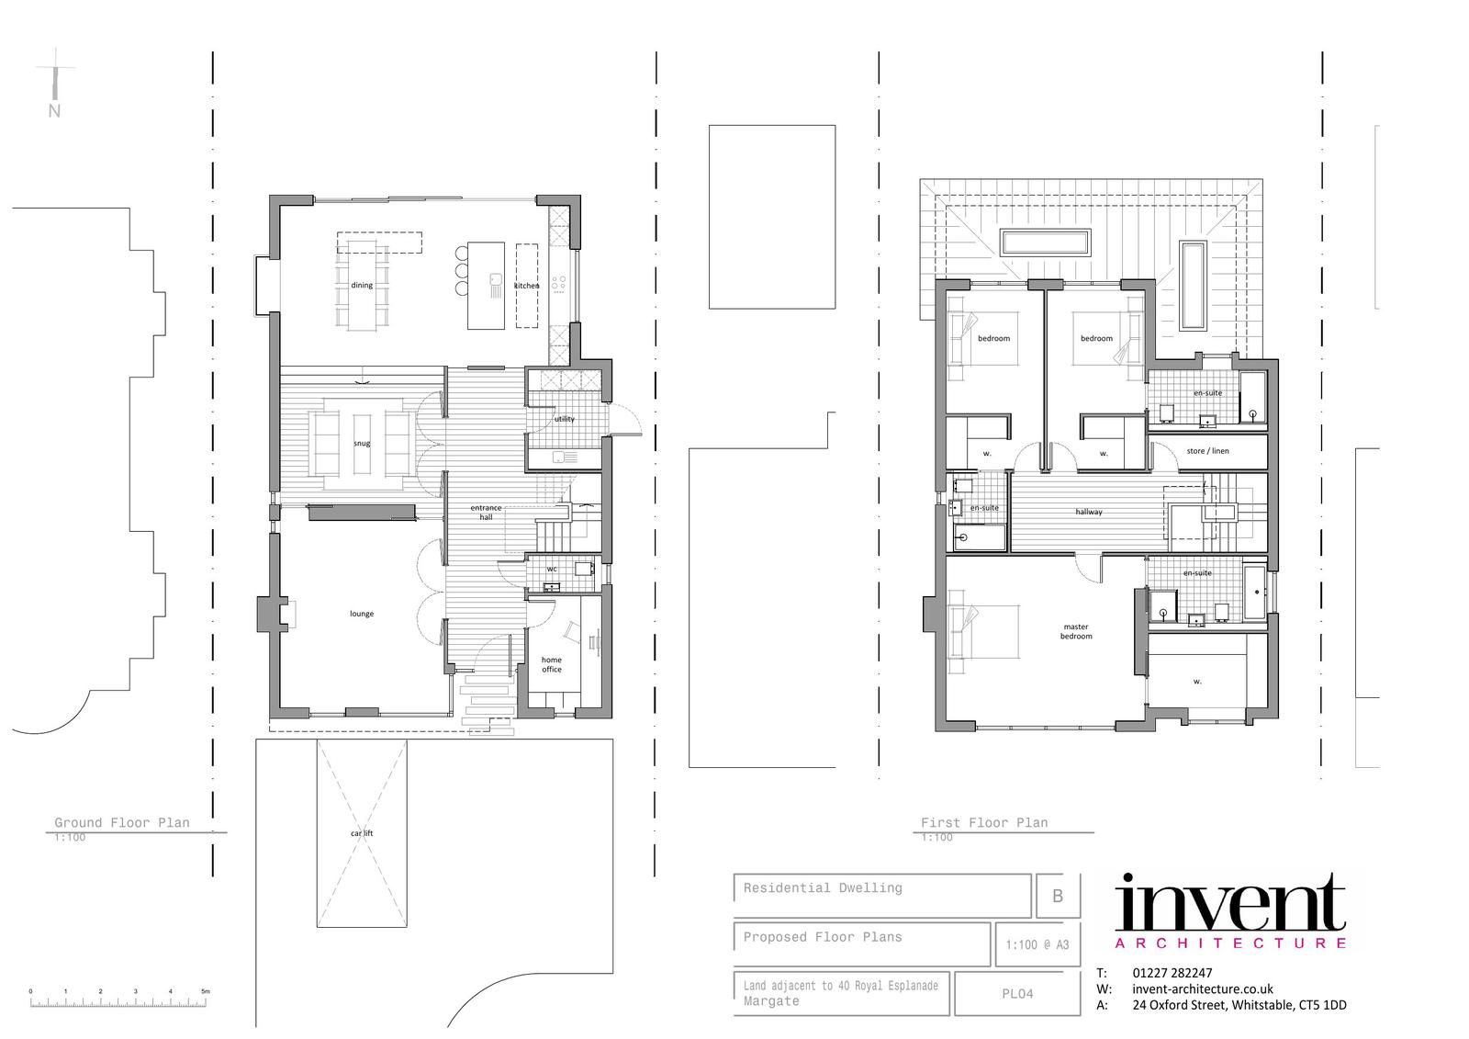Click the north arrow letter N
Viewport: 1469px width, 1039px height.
pyautogui.click(x=54, y=111)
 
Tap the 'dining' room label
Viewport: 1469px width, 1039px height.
pyautogui.click(x=362, y=285)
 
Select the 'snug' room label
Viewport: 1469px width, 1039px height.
pyautogui.click(x=362, y=443)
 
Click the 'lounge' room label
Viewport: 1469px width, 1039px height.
pyautogui.click(x=362, y=614)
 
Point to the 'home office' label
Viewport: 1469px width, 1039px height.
pyautogui.click(x=552, y=664)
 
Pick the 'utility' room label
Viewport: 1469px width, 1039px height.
pyautogui.click(x=564, y=419)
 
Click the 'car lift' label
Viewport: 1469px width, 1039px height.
pyautogui.click(x=362, y=833)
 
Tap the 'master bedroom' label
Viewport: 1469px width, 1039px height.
pyautogui.click(x=1076, y=631)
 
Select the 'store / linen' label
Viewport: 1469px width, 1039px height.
pyautogui.click(x=1207, y=451)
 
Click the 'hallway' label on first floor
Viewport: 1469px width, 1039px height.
pyautogui.click(x=1089, y=512)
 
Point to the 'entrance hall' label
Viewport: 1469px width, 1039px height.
pyautogui.click(x=486, y=512)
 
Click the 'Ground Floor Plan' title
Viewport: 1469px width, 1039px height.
pyautogui.click(x=122, y=822)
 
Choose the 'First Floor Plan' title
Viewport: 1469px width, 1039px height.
pyautogui.click(x=984, y=822)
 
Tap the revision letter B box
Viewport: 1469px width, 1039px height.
pyautogui.click(x=1058, y=896)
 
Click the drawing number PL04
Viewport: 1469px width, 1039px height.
pyautogui.click(x=1017, y=994)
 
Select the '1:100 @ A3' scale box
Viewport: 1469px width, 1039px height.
pyautogui.click(x=1037, y=944)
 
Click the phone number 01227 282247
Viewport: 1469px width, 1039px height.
pyautogui.click(x=1172, y=973)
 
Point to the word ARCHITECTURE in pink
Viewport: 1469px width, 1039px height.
pyautogui.click(x=1231, y=943)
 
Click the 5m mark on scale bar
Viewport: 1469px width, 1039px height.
pyautogui.click(x=206, y=991)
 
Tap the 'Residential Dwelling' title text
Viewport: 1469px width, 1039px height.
pyautogui.click(x=823, y=888)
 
